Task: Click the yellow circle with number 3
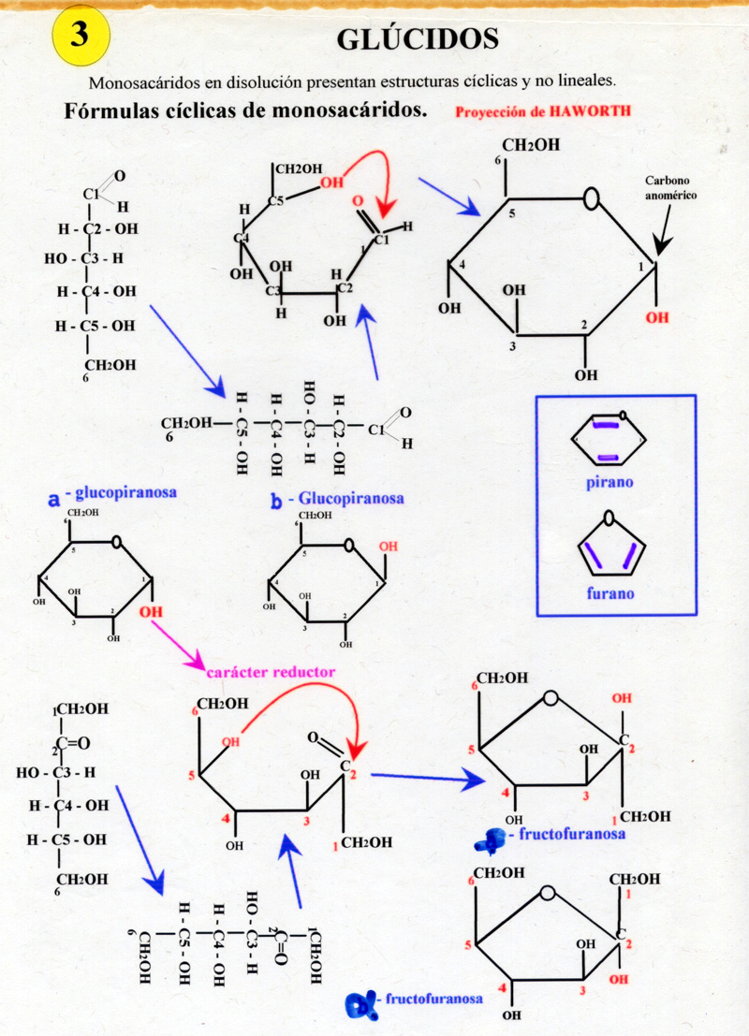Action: pyautogui.click(x=79, y=36)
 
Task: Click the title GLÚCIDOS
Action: pyautogui.click(x=418, y=38)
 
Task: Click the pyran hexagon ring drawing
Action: pyautogui.click(x=607, y=440)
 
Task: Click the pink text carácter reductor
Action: pyautogui.click(x=270, y=671)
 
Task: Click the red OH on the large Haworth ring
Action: pyautogui.click(x=658, y=317)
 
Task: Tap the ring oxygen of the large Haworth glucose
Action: pyautogui.click(x=591, y=199)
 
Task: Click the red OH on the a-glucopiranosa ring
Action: pyautogui.click(x=150, y=612)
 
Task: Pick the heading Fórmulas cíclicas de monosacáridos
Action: pyautogui.click(x=246, y=110)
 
